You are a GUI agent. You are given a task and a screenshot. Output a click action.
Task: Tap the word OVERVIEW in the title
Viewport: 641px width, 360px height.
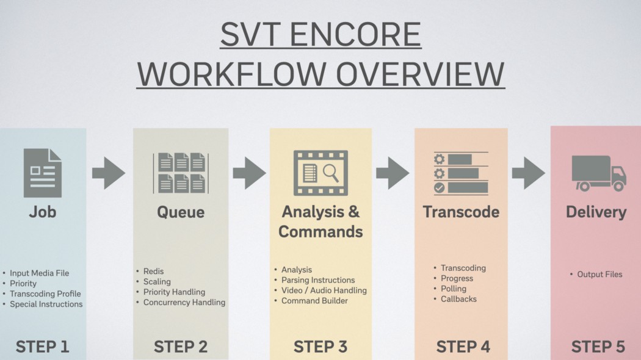[x=420, y=74]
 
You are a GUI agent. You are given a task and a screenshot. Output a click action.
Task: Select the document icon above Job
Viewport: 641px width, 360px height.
[x=43, y=173]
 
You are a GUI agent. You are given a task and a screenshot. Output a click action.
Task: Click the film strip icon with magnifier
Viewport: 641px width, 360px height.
[x=320, y=173]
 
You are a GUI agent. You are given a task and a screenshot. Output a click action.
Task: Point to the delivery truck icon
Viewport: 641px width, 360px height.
[x=599, y=173]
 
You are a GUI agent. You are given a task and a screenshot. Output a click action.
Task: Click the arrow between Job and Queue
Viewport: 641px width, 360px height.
[x=108, y=173]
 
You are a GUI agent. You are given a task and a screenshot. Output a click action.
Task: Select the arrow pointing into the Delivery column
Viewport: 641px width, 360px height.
[x=528, y=173]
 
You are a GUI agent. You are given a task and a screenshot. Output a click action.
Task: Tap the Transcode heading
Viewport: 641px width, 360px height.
[x=461, y=212]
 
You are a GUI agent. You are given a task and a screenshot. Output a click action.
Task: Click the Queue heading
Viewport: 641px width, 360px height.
[x=181, y=212]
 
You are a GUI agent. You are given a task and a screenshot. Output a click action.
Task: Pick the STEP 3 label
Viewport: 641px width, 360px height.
[x=320, y=347]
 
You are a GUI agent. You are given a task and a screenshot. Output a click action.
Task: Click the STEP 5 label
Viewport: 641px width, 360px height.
[x=598, y=347]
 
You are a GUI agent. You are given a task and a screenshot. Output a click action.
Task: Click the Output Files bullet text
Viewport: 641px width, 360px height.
[x=599, y=275]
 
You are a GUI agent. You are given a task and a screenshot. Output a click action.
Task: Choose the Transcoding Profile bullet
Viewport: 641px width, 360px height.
[x=45, y=294]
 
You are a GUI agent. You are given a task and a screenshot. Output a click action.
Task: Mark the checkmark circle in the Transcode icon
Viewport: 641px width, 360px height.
[x=439, y=187]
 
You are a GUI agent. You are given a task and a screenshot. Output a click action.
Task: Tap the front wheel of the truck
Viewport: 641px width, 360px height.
[x=618, y=186]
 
